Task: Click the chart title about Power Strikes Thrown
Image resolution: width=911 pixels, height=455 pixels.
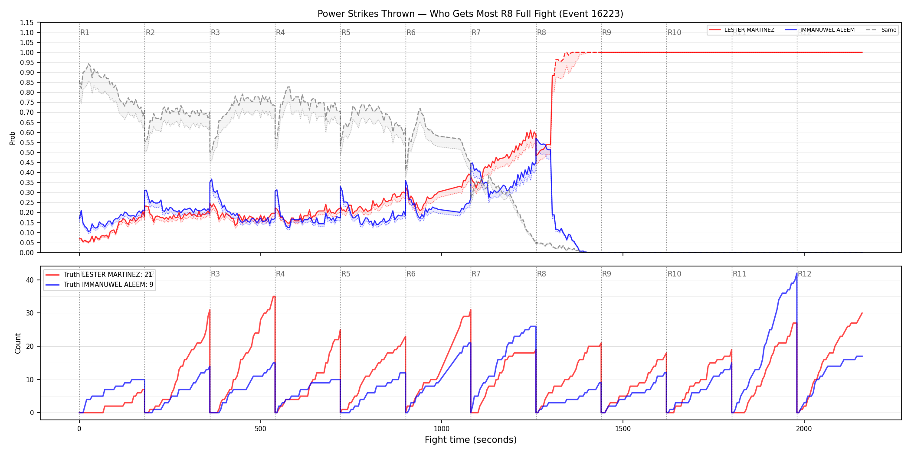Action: [x=470, y=14]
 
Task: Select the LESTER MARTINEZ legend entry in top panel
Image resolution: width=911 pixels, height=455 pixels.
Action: [x=741, y=30]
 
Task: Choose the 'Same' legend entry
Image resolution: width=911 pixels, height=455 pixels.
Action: [x=881, y=30]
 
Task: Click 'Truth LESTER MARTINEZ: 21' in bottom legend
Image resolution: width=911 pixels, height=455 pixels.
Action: [x=99, y=275]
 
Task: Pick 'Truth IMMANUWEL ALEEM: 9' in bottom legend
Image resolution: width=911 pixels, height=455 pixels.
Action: [x=99, y=285]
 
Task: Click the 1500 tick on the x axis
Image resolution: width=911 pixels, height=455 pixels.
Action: [x=623, y=429]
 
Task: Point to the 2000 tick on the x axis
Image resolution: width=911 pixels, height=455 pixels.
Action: [x=804, y=429]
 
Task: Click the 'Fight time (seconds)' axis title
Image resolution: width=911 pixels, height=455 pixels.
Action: [x=471, y=440]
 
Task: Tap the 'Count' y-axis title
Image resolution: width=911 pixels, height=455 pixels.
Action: [x=18, y=343]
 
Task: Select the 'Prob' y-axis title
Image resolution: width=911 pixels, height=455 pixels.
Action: [x=13, y=138]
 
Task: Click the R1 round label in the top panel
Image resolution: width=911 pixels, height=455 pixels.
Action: [x=85, y=32]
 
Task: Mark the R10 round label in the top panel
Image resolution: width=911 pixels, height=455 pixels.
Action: [x=674, y=32]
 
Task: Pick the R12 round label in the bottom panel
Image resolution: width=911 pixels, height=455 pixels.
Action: [x=804, y=274]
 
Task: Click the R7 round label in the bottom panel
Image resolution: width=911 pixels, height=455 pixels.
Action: [x=476, y=274]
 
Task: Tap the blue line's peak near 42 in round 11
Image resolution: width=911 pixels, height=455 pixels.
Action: [x=796, y=273]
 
